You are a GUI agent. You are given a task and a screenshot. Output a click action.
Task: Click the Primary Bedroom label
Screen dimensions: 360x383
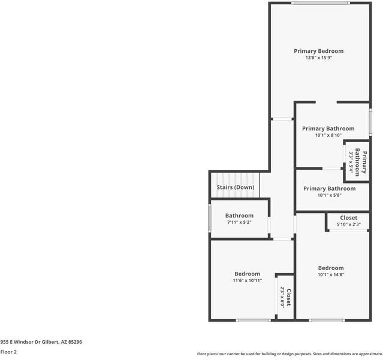pyautogui.click(x=318, y=51)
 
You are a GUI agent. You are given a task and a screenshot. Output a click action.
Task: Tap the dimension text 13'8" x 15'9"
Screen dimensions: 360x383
pyautogui.click(x=318, y=58)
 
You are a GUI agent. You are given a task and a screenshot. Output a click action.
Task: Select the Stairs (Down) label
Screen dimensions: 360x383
pyautogui.click(x=235, y=187)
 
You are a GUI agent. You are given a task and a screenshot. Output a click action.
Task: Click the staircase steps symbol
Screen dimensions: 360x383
pyautogui.click(x=236, y=178)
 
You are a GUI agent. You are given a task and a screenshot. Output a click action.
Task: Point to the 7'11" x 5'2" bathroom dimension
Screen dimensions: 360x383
pyautogui.click(x=239, y=223)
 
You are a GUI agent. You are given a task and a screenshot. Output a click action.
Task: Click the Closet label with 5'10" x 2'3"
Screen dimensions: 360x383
pyautogui.click(x=348, y=218)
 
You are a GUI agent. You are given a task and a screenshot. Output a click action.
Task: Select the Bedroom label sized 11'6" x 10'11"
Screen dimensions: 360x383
pyautogui.click(x=247, y=274)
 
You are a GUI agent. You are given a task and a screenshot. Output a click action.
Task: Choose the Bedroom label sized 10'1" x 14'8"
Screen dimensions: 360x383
pyautogui.click(x=331, y=268)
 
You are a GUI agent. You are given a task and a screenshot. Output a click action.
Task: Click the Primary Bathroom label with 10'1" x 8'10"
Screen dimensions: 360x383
pyautogui.click(x=328, y=128)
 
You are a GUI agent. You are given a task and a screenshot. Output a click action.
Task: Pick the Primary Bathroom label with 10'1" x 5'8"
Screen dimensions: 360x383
pyautogui.click(x=329, y=188)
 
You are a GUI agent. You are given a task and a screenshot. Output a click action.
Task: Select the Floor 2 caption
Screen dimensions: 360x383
pyautogui.click(x=8, y=352)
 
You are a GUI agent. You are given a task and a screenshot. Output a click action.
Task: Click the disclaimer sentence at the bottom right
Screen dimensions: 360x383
pyautogui.click(x=289, y=354)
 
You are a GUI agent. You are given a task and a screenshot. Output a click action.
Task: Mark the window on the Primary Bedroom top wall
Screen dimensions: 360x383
pyautogui.click(x=320, y=3)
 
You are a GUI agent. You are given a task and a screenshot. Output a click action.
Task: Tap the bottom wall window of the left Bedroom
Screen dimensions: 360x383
pyautogui.click(x=253, y=320)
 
